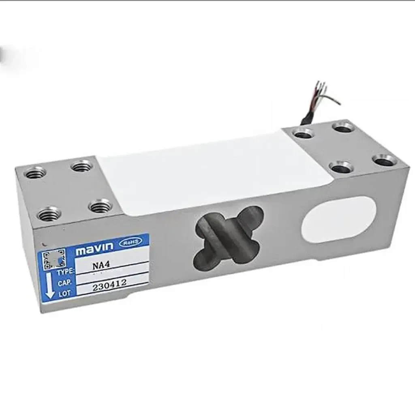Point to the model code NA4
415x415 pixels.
pos(98,267)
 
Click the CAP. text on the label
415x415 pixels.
pos(64,282)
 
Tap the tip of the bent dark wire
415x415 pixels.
pos(340,104)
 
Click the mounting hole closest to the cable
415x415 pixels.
pos(304,133)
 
